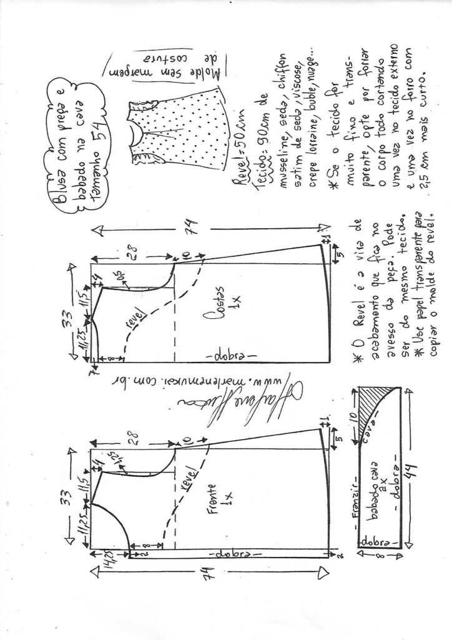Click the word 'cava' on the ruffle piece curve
(x=381, y=438)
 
